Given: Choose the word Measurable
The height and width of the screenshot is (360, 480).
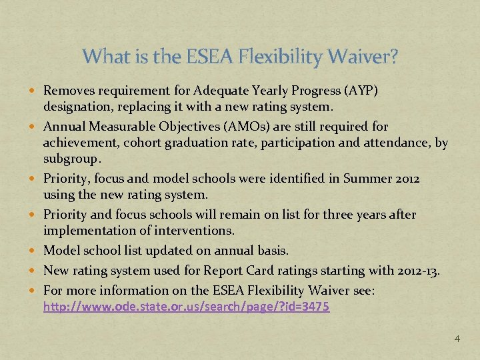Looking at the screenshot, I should (x=115, y=126).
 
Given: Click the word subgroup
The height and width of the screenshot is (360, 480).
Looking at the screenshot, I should (x=71, y=159).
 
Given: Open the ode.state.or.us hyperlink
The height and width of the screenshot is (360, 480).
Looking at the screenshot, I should (x=186, y=307).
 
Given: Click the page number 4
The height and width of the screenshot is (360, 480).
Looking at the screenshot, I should (x=457, y=339).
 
